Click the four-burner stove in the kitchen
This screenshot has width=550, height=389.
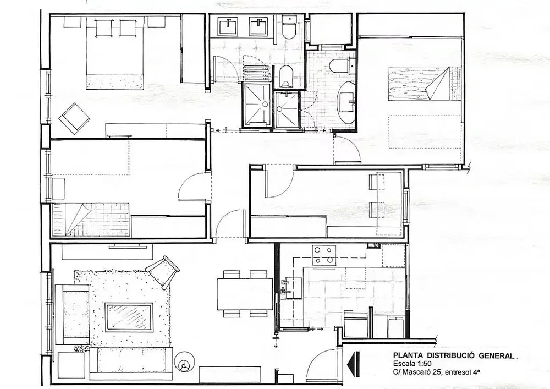click(x=323, y=255)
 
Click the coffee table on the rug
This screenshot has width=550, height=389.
click(x=129, y=317)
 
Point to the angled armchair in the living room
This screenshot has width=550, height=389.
click(x=163, y=271)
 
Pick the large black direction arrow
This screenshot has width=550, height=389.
click(x=353, y=365)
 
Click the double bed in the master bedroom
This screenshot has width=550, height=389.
click(x=115, y=52)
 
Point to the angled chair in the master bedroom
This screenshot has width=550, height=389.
click(x=75, y=118)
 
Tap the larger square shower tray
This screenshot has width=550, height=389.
click(x=257, y=105)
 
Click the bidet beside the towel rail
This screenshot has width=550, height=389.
click(x=287, y=76)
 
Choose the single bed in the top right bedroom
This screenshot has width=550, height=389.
click(x=425, y=84)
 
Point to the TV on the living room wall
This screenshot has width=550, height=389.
click(x=128, y=246)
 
